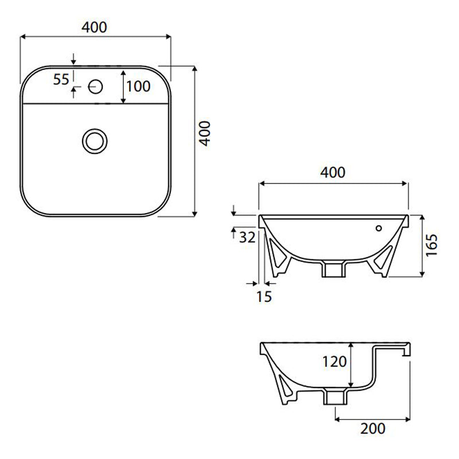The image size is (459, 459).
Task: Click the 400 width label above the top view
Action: point(96,26)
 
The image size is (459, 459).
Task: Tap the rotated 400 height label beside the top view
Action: point(205,133)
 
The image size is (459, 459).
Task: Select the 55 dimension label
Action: point(61,79)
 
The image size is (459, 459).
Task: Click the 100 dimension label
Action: point(138,87)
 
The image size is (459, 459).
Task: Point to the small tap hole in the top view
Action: point(95,87)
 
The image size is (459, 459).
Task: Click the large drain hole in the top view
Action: point(94,140)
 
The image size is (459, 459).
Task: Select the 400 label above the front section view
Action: point(333,172)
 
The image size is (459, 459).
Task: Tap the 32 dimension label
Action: point(247,238)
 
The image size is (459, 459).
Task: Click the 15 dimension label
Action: point(263,297)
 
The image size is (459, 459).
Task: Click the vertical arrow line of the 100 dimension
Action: point(123,87)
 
